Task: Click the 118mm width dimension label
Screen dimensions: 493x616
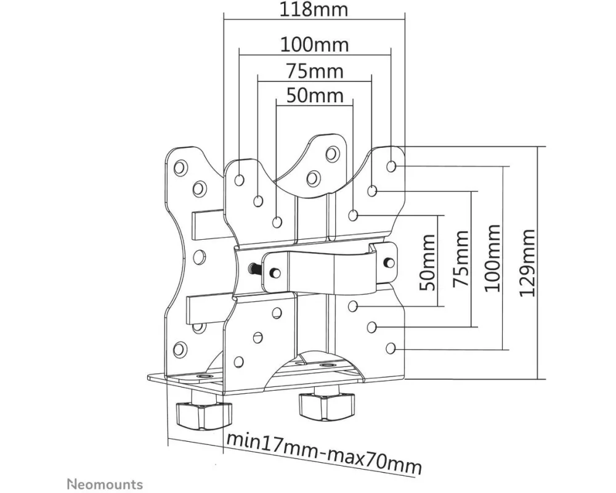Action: tap(314, 10)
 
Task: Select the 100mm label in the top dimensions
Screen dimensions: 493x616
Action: tap(314, 44)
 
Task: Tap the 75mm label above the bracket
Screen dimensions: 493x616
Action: tap(314, 71)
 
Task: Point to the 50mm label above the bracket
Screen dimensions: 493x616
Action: tap(314, 96)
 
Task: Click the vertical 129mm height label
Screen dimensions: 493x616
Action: tap(527, 263)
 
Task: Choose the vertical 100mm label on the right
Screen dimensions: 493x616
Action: tap(492, 259)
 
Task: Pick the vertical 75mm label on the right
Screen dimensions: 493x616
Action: tap(461, 259)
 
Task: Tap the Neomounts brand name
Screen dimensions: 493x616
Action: tap(104, 484)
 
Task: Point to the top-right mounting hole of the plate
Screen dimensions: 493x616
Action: tap(392, 166)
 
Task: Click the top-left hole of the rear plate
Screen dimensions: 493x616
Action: tap(180, 167)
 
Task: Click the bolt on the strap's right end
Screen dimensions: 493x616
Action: tap(388, 261)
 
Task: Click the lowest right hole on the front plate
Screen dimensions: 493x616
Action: tap(391, 349)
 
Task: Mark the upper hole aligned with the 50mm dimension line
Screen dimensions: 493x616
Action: tap(353, 216)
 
